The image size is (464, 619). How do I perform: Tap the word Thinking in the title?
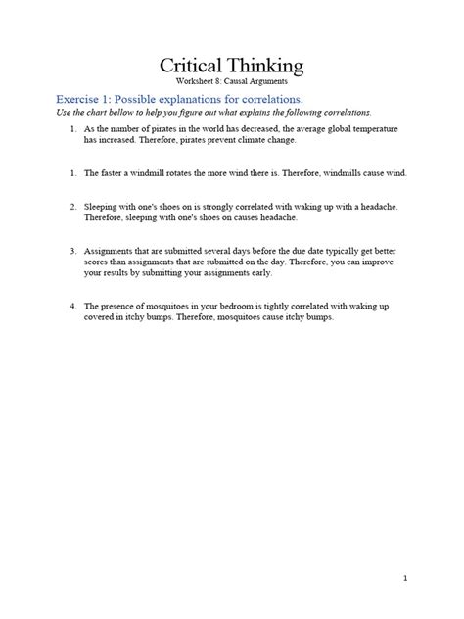(x=266, y=68)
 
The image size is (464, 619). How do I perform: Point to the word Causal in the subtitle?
(x=241, y=83)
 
